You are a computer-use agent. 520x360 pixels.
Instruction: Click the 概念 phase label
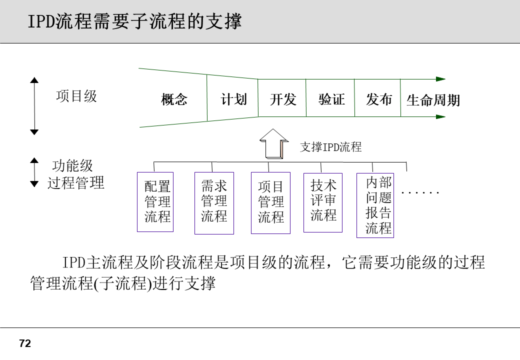[x=174, y=99]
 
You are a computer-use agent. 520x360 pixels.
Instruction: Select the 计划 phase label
[x=233, y=99]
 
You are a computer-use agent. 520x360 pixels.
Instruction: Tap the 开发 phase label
[x=283, y=99]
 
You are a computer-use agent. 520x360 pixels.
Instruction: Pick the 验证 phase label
[x=331, y=99]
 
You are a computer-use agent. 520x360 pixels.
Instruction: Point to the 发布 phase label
[x=378, y=99]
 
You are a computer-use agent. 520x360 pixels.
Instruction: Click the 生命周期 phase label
[x=433, y=100]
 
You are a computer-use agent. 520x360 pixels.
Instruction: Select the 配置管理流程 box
[x=155, y=202]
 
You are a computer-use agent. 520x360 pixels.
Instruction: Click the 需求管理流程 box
[x=214, y=203]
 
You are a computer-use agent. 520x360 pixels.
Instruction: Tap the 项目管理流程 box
[x=270, y=203]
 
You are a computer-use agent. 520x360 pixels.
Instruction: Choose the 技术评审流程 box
[x=323, y=202]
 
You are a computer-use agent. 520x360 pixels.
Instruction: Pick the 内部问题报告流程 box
[x=375, y=205]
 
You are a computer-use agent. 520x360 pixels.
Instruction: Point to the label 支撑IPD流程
[x=330, y=147]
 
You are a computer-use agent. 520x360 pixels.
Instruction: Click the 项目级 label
[x=76, y=96]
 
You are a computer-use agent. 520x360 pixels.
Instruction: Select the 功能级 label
[x=72, y=166]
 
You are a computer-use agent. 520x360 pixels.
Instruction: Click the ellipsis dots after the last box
[x=420, y=192]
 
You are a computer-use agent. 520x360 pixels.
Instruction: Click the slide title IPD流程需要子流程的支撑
[x=134, y=22]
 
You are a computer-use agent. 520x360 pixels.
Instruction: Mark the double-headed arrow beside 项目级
[x=34, y=105]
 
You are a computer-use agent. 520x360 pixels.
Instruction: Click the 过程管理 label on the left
[x=76, y=183]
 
